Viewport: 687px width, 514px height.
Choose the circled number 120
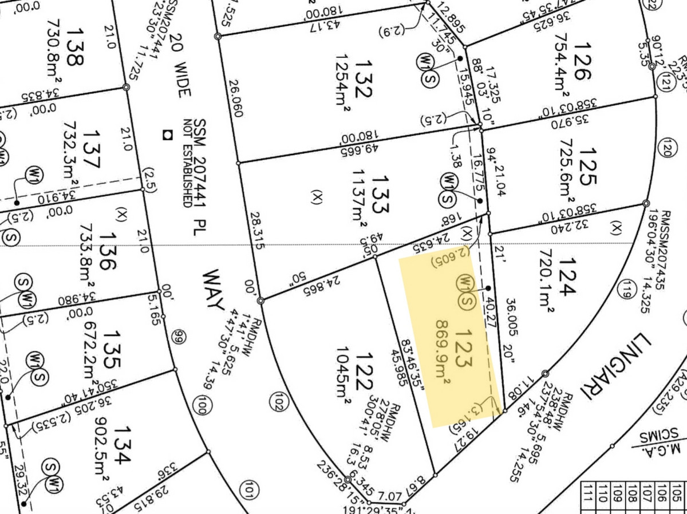665,147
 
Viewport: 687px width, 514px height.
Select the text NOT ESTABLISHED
187,163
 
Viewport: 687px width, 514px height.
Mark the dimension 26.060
236,99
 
